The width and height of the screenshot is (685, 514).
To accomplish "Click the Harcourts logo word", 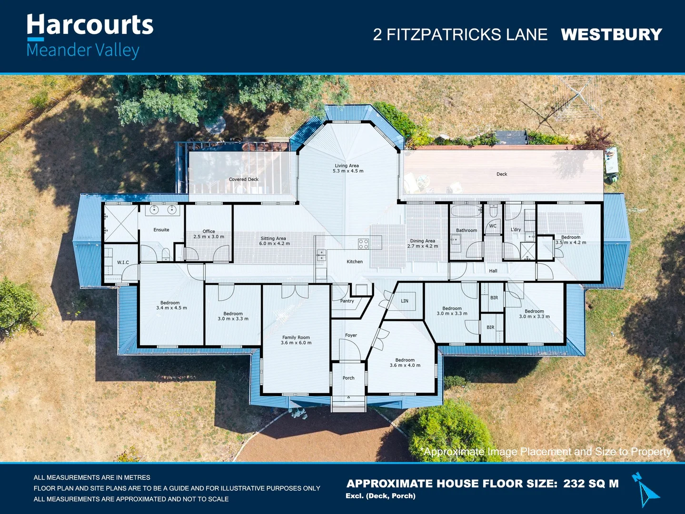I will [90, 25].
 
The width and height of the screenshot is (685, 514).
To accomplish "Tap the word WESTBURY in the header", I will [611, 35].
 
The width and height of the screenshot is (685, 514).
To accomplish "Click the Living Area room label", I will [347, 168].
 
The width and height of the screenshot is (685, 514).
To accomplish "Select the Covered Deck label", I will [243, 179].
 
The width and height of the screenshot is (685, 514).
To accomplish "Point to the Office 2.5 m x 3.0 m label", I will [208, 234].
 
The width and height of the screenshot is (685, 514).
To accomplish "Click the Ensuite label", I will [161, 230].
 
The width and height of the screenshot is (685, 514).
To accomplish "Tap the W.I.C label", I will [123, 262].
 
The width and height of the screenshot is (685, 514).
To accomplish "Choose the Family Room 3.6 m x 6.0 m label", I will [296, 340].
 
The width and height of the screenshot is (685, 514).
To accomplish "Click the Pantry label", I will [347, 301].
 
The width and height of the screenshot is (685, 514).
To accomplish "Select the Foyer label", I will [351, 335].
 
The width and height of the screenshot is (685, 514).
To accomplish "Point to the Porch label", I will [348, 378].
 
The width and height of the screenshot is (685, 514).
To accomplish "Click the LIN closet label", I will [405, 301].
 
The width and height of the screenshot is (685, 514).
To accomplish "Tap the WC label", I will [493, 226].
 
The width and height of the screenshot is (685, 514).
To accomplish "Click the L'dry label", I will [516, 229].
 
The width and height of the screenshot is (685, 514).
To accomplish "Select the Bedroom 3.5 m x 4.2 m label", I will [571, 239].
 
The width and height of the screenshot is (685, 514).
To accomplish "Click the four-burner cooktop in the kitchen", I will [364, 244].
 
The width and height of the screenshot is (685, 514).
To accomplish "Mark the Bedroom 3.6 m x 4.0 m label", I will [405, 363].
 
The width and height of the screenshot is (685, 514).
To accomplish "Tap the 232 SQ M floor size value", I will [591, 484].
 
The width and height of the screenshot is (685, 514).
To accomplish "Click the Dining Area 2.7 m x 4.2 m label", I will [422, 243].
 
